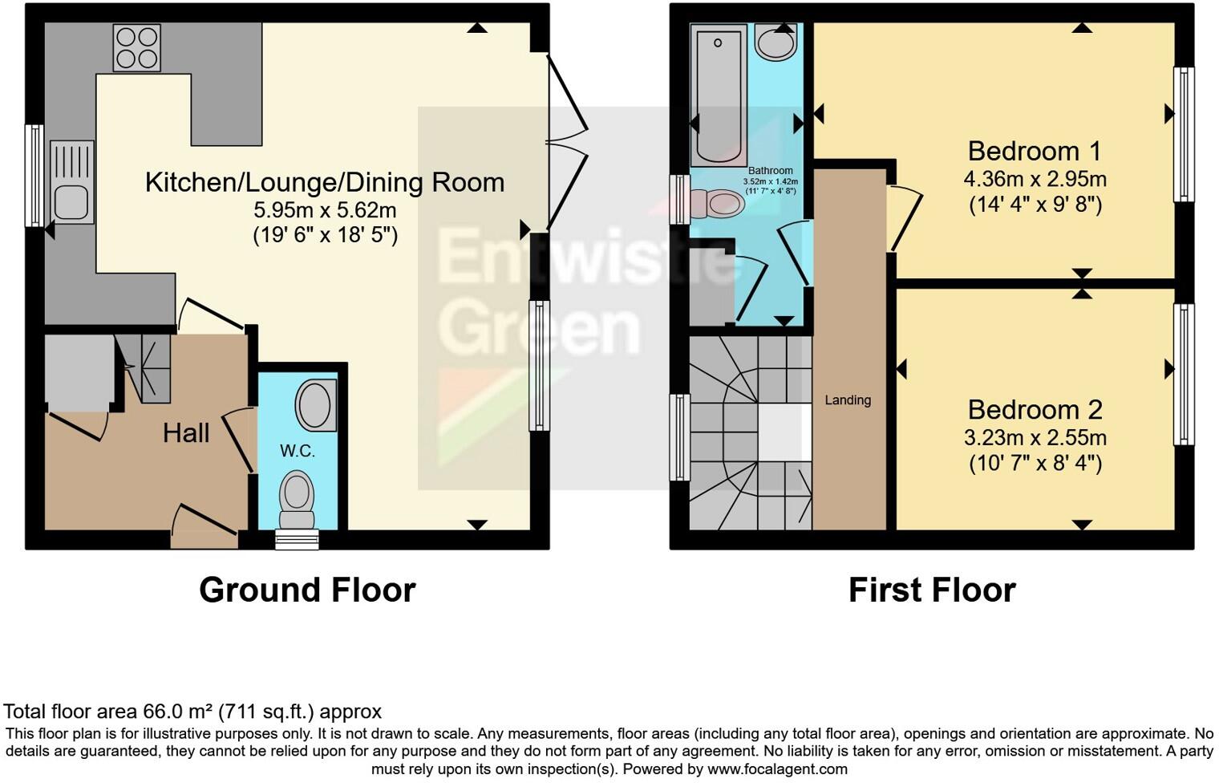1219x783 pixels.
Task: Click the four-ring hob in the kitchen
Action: click(x=136, y=48)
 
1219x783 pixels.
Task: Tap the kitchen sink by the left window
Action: click(x=71, y=182)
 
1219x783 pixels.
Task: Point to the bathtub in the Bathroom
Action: click(x=719, y=95)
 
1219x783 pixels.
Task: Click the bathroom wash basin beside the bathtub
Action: click(x=776, y=43)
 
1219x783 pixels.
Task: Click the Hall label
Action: click(x=186, y=433)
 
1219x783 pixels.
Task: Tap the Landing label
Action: click(x=848, y=400)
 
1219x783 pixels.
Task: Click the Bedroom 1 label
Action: click(x=1035, y=151)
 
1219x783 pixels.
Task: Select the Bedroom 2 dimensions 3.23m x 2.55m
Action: click(x=1035, y=438)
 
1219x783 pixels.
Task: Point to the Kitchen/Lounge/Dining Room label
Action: click(x=325, y=182)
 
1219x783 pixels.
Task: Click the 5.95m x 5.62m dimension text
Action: click(x=325, y=210)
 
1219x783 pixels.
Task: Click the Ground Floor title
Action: click(x=307, y=590)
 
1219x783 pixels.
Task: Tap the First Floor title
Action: click(x=932, y=590)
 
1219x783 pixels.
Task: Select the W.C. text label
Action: click(x=298, y=452)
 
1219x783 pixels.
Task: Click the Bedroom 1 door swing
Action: click(x=905, y=215)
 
